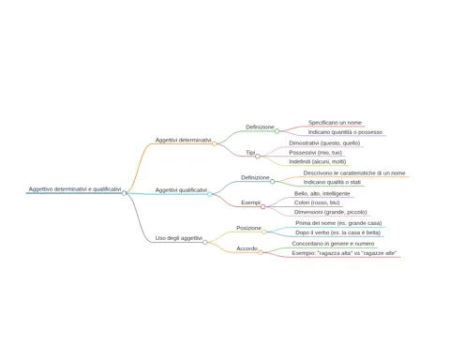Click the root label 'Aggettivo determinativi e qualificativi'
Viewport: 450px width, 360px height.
[75, 189]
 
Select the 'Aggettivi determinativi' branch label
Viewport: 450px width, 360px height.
[183, 140]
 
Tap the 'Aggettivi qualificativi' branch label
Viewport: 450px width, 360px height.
[181, 190]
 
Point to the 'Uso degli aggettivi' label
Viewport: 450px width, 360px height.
[179, 238]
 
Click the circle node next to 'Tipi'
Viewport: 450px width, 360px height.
[258, 157]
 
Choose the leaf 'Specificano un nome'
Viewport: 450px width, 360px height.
[335, 123]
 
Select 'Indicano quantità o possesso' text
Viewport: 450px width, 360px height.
[345, 132]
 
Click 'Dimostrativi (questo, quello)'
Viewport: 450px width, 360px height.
[324, 143]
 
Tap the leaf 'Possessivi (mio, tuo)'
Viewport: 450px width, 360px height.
[315, 153]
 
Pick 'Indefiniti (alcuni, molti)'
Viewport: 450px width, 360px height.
[318, 161]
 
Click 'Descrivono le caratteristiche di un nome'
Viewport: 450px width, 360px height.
[354, 172]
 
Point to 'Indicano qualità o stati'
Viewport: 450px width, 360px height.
[332, 182]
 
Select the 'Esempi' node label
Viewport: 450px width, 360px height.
[250, 202]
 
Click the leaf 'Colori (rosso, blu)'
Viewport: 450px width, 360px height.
[317, 202]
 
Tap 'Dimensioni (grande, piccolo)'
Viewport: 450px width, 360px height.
[331, 212]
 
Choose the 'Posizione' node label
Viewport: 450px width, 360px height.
[248, 228]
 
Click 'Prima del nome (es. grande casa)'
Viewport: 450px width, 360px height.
[338, 223]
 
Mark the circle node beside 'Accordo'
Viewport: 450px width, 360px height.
[261, 252]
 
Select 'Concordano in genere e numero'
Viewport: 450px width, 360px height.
[333, 244]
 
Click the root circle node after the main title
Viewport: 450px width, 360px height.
[124, 193]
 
